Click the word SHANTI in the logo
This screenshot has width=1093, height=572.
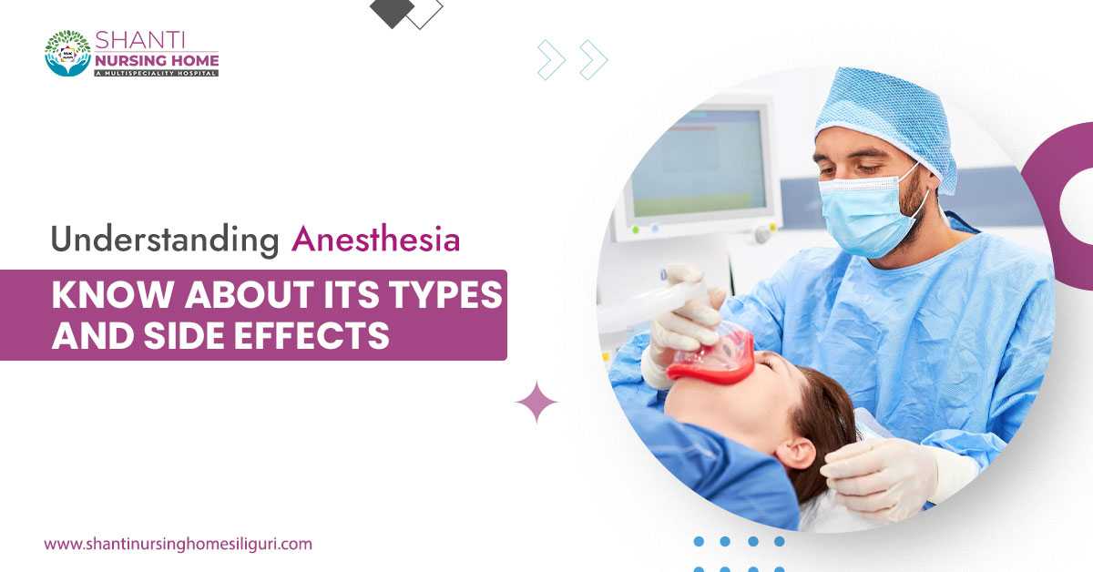point(139,40)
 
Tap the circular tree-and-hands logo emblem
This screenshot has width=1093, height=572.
point(68,53)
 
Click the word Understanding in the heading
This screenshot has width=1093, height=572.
point(165,240)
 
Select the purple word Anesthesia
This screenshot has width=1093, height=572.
point(375,240)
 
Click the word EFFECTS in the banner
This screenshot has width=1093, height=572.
point(312,336)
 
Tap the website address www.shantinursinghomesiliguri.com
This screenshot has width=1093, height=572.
point(179,544)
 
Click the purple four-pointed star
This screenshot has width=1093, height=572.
point(536,403)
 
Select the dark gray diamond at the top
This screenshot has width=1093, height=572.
point(393,13)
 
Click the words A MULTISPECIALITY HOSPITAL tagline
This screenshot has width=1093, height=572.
point(156,73)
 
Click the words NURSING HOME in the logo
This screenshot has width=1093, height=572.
point(157,60)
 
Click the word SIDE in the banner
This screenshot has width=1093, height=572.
point(187,336)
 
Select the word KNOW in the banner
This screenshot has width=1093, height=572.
point(113,295)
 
